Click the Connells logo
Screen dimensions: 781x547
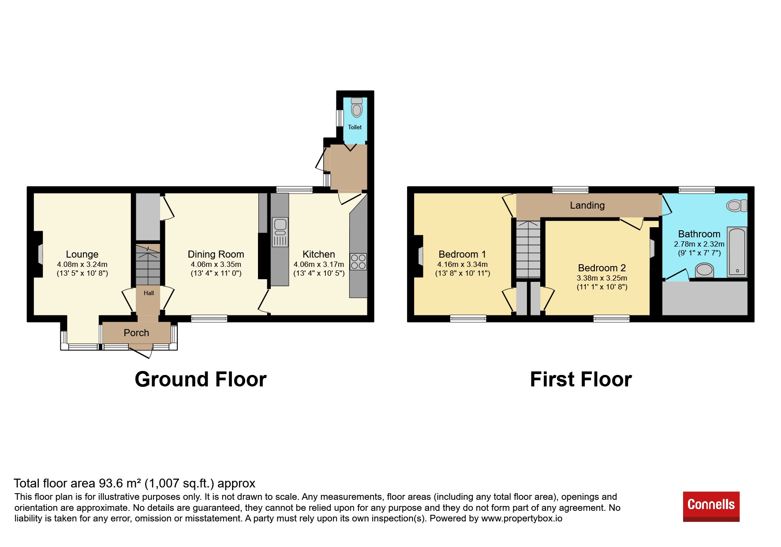(711, 506)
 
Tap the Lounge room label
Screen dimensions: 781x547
(82, 255)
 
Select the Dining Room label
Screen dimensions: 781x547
(216, 255)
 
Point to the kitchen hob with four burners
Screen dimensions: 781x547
(358, 262)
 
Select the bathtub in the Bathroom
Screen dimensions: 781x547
(736, 251)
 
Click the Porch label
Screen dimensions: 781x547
(136, 333)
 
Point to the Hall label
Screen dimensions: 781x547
(149, 293)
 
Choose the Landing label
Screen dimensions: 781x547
(587, 206)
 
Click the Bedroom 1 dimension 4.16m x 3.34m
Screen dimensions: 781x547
(462, 265)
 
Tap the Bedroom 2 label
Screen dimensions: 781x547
(602, 268)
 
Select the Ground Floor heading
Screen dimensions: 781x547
(201, 379)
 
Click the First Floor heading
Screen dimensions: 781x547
(581, 379)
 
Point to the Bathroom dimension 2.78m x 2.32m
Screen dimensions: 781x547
(699, 244)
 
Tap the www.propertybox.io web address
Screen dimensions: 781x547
(522, 518)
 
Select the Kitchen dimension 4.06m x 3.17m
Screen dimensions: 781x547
(319, 265)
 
